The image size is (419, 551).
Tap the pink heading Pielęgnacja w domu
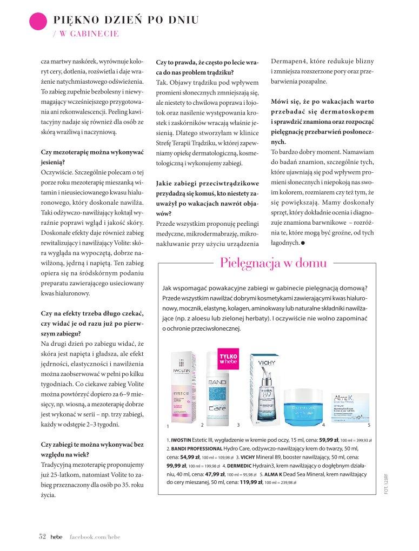point(274,264)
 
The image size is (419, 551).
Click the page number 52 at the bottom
point(41,536)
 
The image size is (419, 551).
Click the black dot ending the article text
point(303,243)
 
